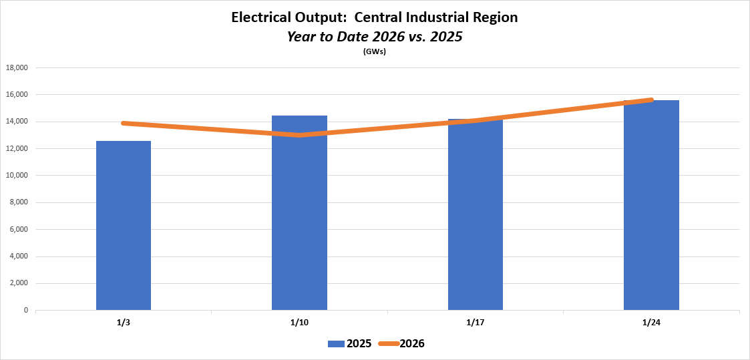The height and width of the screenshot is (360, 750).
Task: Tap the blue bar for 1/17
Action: pos(476,214)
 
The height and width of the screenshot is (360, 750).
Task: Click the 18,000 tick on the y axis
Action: pos(17,67)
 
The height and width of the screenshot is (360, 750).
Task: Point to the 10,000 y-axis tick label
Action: pos(17,176)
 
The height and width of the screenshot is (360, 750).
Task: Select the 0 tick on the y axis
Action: pos(26,311)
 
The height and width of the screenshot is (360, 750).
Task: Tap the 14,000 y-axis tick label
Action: pos(17,122)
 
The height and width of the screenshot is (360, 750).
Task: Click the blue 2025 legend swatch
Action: pos(336,344)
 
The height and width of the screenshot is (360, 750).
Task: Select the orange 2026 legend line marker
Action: pos(388,344)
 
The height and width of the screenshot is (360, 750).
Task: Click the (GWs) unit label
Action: pos(375,51)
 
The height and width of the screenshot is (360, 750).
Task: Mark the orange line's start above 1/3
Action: pos(124,123)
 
